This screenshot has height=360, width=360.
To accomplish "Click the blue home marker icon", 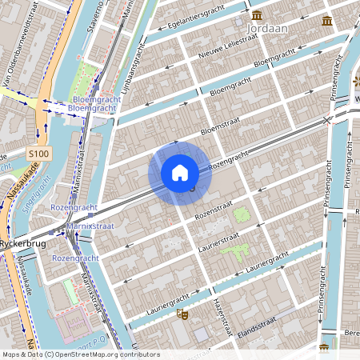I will point(180,173).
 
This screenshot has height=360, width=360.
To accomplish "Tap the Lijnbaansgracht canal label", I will point(133,67).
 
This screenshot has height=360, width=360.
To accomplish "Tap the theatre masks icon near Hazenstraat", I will point(183,316).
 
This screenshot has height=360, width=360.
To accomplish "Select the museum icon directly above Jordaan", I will point(256,15).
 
